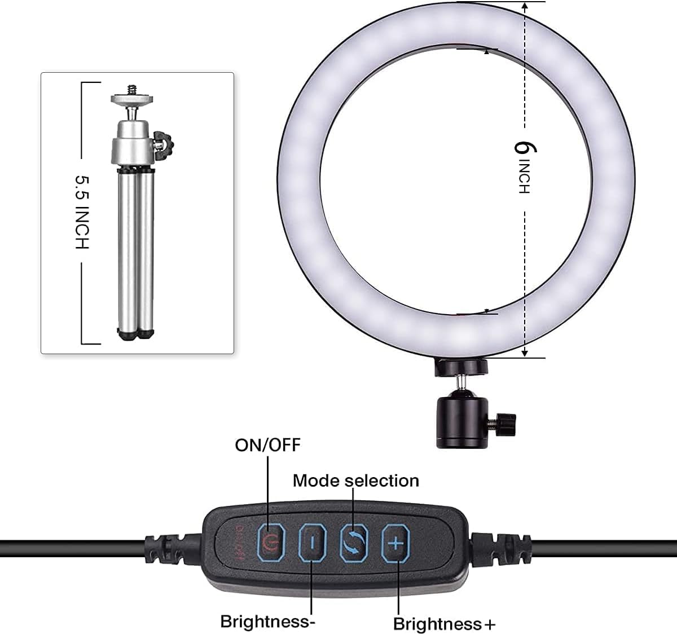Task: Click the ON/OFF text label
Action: coord(267,445)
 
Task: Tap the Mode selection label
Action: coord(356,481)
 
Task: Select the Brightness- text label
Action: coord(268,621)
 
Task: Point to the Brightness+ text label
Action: coord(444,624)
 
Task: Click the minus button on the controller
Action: coord(312,543)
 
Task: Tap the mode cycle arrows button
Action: coord(354,543)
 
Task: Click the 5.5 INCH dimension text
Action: coord(82,212)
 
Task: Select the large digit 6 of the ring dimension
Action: coord(525,148)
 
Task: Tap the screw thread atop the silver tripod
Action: coord(131,90)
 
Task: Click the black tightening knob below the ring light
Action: coord(506,424)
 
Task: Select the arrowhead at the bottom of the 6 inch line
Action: coord(525,352)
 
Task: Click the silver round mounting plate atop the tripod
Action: coord(131,99)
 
